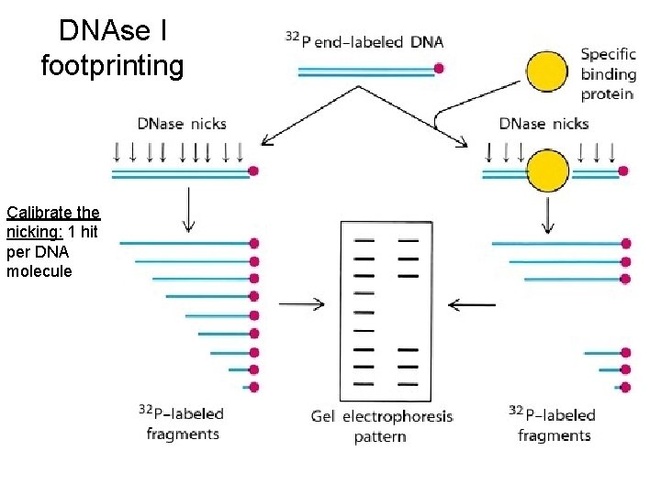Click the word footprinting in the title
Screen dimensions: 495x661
coord(113,66)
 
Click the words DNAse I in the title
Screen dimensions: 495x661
coord(113,30)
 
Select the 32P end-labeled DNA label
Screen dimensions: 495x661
coord(364,40)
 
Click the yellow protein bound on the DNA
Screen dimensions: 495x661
coord(547,170)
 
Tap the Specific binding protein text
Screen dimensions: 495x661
coord(608,73)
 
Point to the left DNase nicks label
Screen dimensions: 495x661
coord(182,124)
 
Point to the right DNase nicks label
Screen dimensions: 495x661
coord(544,124)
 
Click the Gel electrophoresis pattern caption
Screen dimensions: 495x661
coord(381,426)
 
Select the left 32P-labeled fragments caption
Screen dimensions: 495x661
coord(182,423)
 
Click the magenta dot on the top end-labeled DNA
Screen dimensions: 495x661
coord(440,68)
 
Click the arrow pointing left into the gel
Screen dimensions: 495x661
coord(471,304)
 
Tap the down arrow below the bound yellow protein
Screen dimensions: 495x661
coord(548,214)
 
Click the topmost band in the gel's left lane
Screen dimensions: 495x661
coord(364,240)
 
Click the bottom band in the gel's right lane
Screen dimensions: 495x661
coord(408,383)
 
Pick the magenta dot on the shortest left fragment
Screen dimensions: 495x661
coord(253,387)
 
